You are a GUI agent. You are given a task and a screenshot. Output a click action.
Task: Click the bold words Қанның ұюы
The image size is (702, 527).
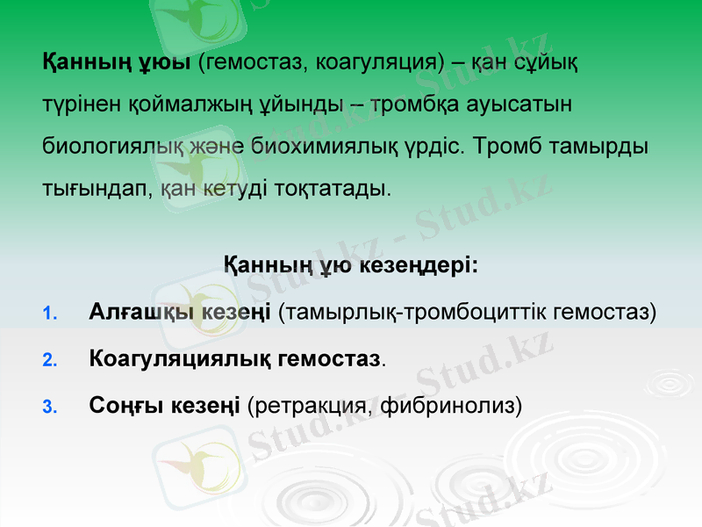click(x=117, y=62)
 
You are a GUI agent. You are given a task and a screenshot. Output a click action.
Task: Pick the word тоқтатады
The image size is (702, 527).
click(x=337, y=188)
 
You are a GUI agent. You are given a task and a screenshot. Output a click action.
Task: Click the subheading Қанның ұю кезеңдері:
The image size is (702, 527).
click(x=351, y=264)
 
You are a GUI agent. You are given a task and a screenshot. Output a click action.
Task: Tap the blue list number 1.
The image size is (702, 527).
click(x=49, y=314)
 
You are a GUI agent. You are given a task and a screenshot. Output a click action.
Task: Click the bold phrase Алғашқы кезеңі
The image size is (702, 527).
click(x=180, y=312)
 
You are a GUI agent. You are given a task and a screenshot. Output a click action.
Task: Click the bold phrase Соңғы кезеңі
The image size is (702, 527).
click(x=165, y=405)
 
